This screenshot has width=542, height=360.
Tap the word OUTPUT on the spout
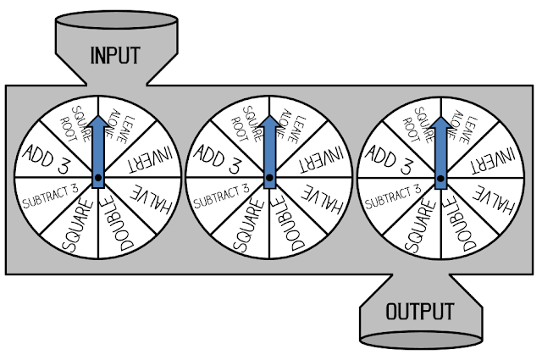coord(420,311)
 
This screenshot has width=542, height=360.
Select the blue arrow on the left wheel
coord(98,148)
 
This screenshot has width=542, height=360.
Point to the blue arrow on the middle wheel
coord(270,148)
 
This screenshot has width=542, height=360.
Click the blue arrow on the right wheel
coord(441,148)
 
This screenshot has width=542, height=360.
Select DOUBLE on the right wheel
coord(462,226)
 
